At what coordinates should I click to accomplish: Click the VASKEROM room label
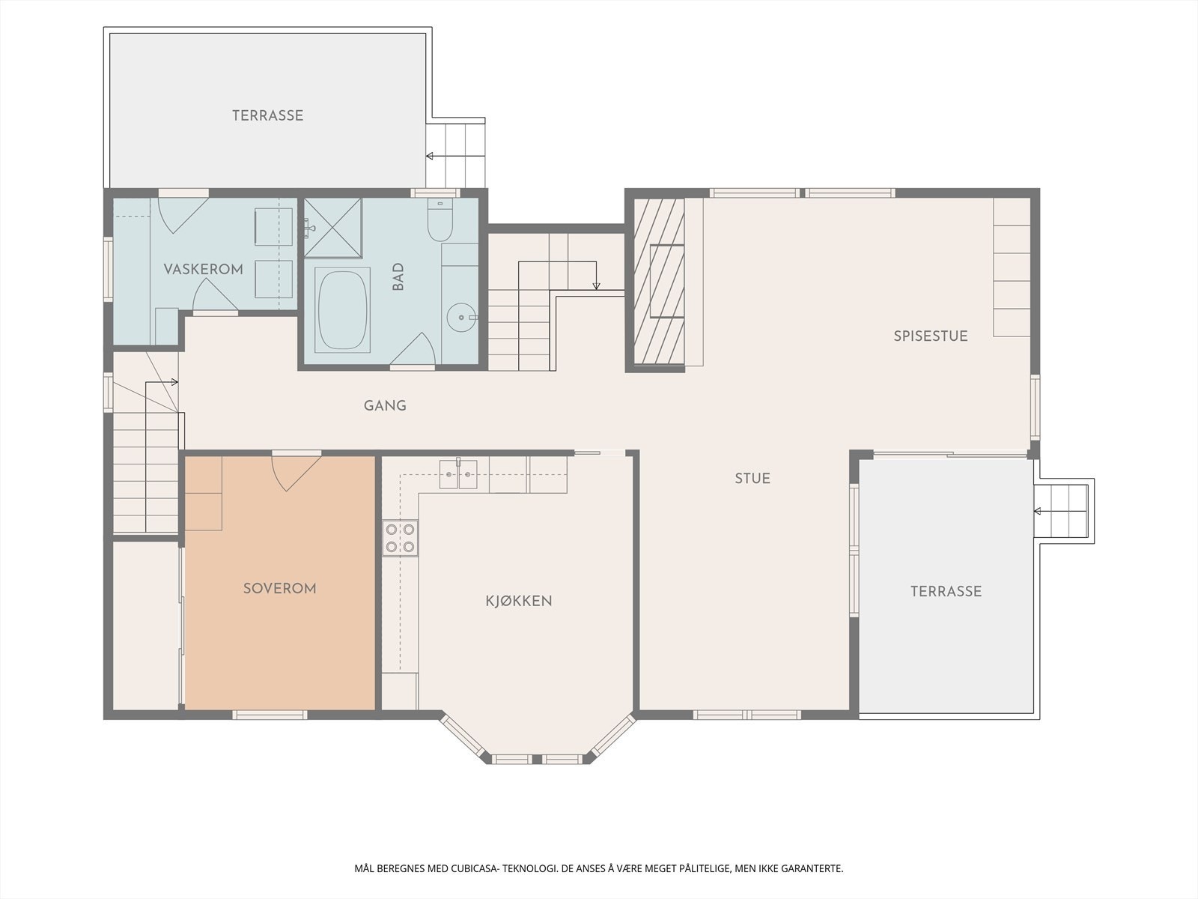click(x=203, y=269)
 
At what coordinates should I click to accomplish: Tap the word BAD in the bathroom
click(x=398, y=276)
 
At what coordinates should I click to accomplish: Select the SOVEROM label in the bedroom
click(x=279, y=588)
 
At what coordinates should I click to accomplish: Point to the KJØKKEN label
click(x=518, y=600)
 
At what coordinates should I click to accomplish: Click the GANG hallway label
click(x=385, y=405)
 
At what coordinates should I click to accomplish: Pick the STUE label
click(x=752, y=478)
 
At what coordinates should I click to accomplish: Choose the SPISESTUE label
click(x=931, y=336)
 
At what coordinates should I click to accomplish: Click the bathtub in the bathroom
click(x=342, y=309)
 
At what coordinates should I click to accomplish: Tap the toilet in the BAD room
click(x=440, y=220)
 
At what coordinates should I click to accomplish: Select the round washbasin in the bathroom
click(x=462, y=317)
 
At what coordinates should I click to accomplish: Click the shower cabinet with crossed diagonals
click(x=333, y=228)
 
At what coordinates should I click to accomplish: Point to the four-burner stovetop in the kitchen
click(x=400, y=538)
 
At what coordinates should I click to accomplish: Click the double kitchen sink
click(x=458, y=473)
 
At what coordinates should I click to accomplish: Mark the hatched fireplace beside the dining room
click(x=659, y=281)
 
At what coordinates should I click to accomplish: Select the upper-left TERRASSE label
click(x=267, y=115)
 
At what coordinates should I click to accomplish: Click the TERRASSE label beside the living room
click(x=946, y=591)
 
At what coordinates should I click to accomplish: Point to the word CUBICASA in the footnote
click(x=474, y=868)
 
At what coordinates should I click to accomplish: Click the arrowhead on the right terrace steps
click(x=1037, y=512)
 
